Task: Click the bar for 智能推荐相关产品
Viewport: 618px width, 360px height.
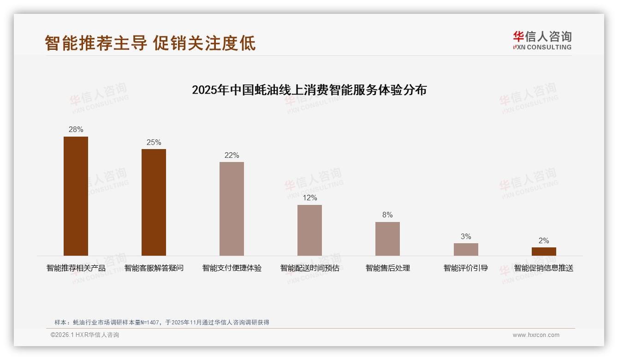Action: (x=76, y=196)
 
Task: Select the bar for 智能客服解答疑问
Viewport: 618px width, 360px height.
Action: (x=154, y=202)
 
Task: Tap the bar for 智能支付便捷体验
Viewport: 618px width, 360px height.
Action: (x=232, y=209)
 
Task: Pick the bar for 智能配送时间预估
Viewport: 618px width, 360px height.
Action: (x=309, y=230)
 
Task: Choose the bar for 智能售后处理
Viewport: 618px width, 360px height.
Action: (x=387, y=239)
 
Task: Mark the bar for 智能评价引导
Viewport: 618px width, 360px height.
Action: (x=466, y=249)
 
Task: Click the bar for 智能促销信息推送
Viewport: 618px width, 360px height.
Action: (x=544, y=252)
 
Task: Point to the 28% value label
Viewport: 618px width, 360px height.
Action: (x=76, y=130)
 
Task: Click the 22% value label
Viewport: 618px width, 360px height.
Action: (x=232, y=156)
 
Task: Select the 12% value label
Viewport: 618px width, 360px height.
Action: (x=309, y=198)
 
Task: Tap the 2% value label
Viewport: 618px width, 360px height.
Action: (x=544, y=241)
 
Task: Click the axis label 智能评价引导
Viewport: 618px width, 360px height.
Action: (x=466, y=268)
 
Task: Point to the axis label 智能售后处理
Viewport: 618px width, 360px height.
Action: (x=387, y=268)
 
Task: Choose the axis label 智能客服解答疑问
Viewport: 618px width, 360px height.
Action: (x=154, y=268)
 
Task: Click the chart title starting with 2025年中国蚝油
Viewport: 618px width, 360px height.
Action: (x=309, y=90)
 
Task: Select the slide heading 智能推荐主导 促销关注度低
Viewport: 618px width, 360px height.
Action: (x=150, y=43)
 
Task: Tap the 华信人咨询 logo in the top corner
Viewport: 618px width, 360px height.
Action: (x=542, y=40)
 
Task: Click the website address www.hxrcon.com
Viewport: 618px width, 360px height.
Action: (x=536, y=335)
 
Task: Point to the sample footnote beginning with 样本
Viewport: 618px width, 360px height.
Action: (x=161, y=323)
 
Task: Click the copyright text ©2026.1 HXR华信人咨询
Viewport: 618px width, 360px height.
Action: (x=85, y=335)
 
